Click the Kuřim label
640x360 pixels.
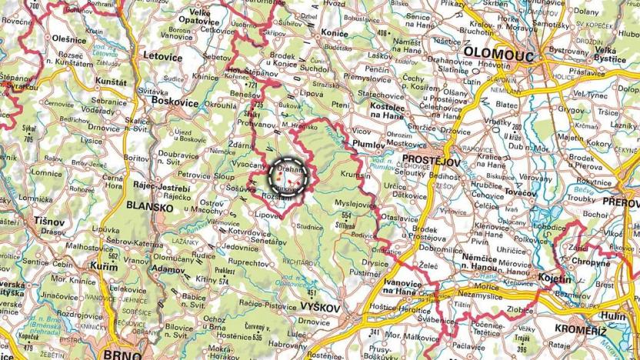point(105,265)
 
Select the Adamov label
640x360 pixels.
point(169,270)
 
